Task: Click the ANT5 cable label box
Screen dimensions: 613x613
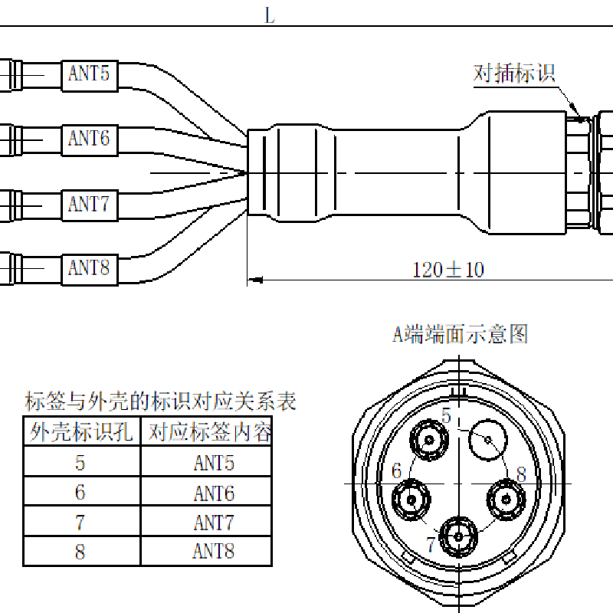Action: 89,74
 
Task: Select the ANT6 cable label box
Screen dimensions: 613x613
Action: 89,139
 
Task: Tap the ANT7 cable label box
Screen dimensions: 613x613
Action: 89,205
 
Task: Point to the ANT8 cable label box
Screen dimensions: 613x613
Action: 89,268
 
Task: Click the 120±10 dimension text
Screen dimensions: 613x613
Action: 448,270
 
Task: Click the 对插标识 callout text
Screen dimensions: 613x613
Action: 513,74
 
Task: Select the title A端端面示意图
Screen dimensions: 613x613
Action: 461,334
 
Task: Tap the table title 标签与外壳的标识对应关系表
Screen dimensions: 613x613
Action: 160,401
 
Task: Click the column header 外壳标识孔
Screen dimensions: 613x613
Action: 81,433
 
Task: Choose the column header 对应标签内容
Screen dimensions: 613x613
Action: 210,433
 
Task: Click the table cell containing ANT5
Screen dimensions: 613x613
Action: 213,463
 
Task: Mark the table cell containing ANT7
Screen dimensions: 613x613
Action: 213,523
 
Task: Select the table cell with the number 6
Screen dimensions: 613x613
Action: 80,493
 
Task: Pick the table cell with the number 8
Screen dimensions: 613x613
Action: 80,552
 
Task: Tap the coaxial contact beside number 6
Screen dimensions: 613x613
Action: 412,500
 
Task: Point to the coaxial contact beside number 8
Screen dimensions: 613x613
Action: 506,499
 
